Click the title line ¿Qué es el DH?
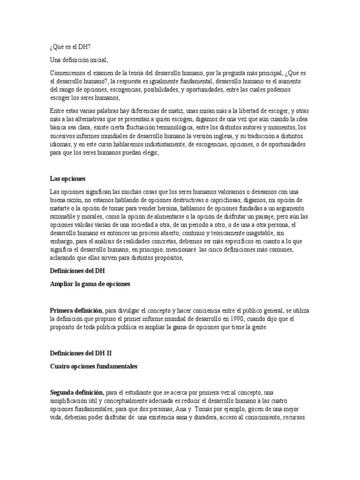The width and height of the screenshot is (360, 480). [x=70, y=47]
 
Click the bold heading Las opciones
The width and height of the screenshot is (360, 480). [x=67, y=179]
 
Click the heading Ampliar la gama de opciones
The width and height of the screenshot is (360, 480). [x=90, y=284]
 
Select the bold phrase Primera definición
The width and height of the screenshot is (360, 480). [x=76, y=311]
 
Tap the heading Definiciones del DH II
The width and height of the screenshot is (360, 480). [x=81, y=354]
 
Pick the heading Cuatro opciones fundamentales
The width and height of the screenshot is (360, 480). [x=94, y=367]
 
